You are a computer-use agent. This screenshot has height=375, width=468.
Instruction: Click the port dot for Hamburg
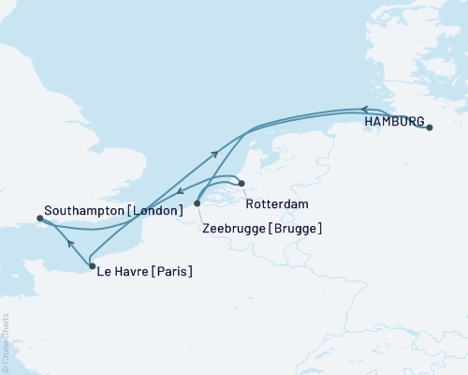430,128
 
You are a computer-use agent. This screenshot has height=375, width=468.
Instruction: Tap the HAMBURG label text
394,122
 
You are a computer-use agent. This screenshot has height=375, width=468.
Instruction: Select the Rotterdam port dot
241,184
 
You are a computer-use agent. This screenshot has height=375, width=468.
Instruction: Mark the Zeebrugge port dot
197,202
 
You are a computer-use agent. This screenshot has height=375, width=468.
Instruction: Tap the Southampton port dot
39,218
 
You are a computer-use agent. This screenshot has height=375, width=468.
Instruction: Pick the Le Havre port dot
91,267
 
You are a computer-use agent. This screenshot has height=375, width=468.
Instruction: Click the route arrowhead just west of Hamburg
365,110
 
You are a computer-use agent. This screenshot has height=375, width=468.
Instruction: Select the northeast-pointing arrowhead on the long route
216,152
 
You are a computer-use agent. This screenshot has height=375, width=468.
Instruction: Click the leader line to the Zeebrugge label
203,213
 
